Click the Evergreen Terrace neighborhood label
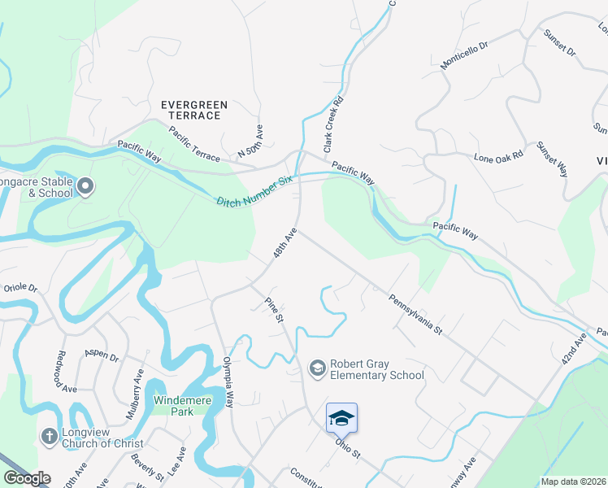click(193, 110)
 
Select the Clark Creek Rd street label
click(333, 125)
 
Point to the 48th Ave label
click(284, 244)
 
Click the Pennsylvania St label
click(414, 315)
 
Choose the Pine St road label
click(273, 309)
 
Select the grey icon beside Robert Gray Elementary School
click(317, 369)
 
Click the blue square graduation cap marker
click(341, 418)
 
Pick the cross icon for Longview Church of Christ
click(50, 437)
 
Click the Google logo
click(27, 478)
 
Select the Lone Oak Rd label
click(498, 155)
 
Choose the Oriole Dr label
click(21, 288)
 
